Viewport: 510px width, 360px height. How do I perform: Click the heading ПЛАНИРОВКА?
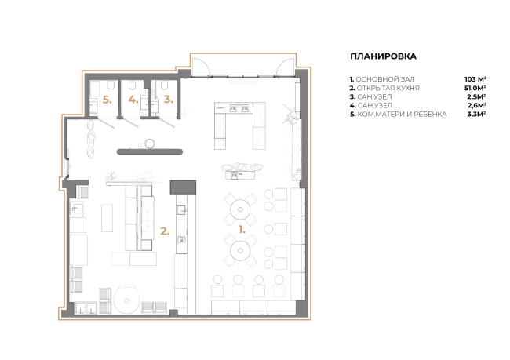click(383, 56)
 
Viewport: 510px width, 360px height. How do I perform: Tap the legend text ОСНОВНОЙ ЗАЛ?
click(385, 79)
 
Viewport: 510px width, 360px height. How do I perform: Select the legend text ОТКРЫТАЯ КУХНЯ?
click(388, 88)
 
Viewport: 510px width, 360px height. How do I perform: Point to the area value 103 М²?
click(475, 79)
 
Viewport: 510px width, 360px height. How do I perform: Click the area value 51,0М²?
click(475, 88)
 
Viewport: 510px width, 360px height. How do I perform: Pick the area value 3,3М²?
click(476, 115)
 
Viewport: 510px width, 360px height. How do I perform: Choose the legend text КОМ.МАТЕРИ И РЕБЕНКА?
click(402, 115)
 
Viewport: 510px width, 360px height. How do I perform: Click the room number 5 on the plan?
click(107, 100)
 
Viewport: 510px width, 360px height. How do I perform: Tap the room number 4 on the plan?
click(133, 100)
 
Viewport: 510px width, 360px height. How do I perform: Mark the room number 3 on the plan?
click(168, 100)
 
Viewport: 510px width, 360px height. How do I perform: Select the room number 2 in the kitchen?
click(165, 231)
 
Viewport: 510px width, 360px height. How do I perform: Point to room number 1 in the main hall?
click(242, 230)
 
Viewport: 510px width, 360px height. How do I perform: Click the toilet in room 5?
click(111, 85)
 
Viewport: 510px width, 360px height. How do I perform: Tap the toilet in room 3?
click(164, 85)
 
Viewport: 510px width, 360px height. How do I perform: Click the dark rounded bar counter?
click(150, 151)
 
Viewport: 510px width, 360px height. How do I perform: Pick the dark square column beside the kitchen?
click(183, 187)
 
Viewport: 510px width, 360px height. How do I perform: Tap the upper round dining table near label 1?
click(240, 209)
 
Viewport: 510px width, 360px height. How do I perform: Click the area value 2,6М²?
click(477, 105)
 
